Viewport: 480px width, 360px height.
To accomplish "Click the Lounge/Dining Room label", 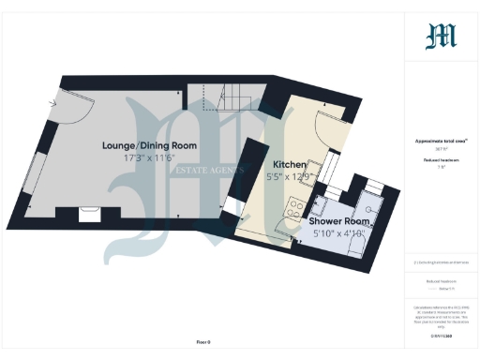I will coord(150,145).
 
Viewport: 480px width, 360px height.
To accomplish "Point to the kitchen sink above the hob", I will coord(314,171).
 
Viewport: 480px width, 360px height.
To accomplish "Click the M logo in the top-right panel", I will coord(441,37).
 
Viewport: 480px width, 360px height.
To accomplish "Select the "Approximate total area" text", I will coord(441,142).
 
